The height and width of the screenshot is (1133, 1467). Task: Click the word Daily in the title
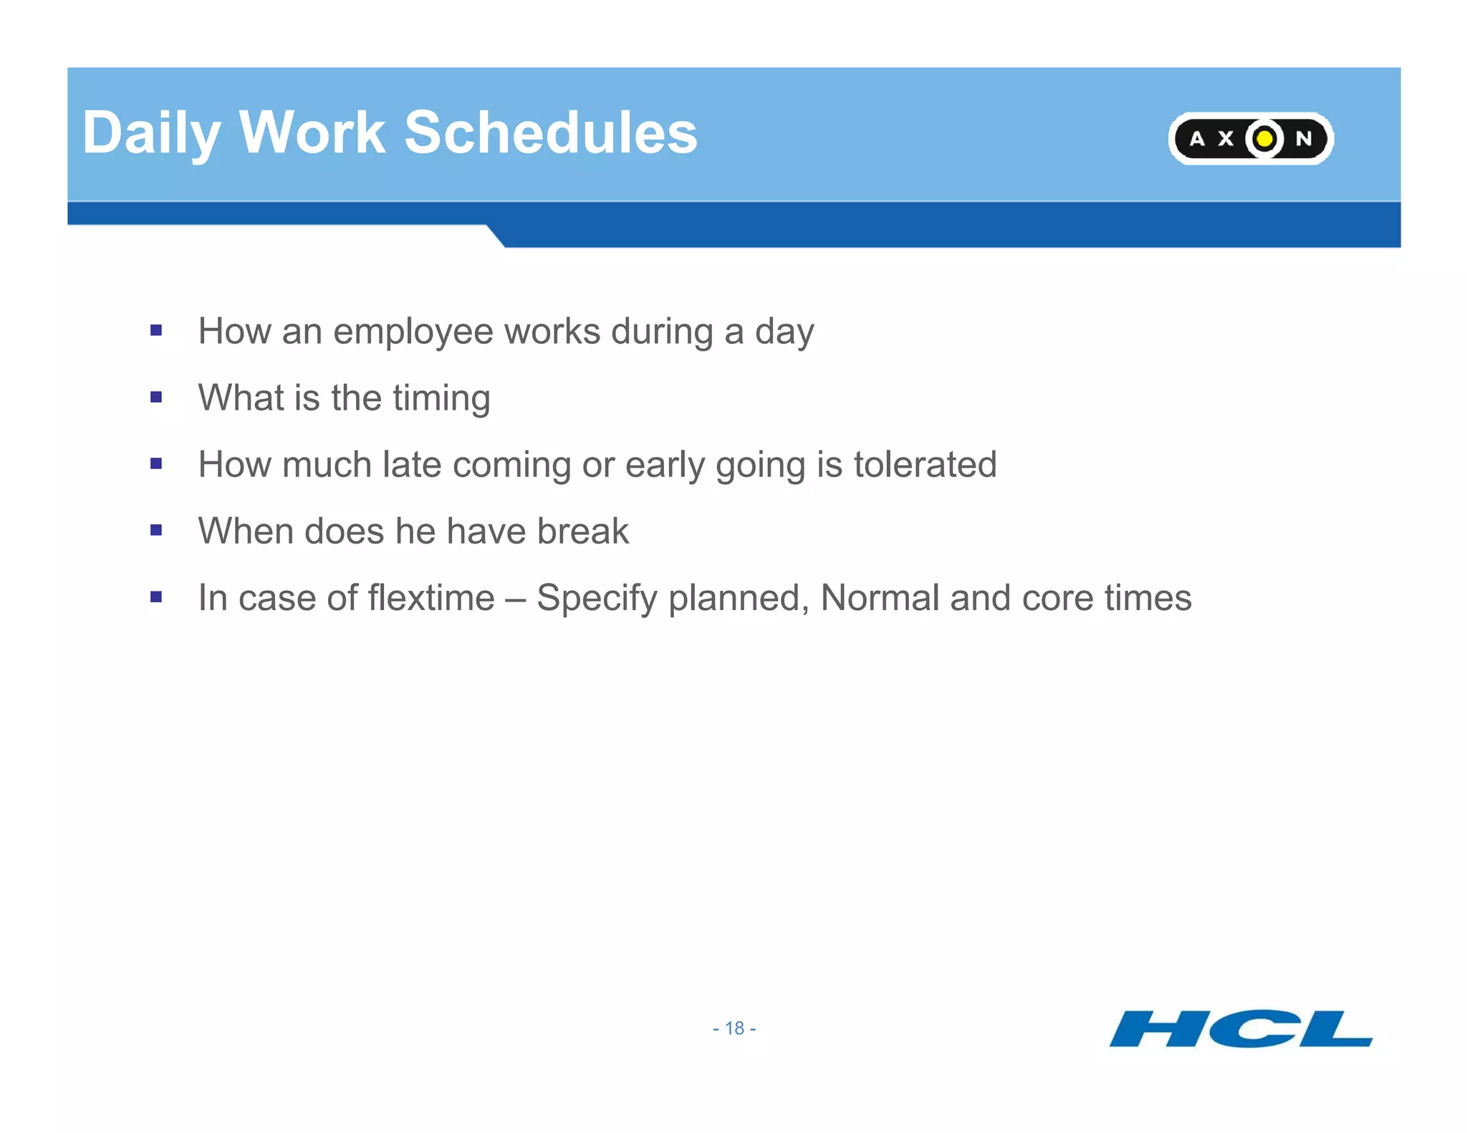pos(150,133)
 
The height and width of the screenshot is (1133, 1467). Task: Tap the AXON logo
pos(1251,138)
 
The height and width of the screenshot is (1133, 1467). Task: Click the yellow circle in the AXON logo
pos(1265,138)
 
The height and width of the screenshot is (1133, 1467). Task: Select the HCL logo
pos(1241,1028)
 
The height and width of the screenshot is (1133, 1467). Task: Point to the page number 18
pos(734,1028)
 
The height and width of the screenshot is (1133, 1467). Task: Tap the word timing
pos(441,399)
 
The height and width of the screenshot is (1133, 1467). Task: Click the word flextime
pos(431,598)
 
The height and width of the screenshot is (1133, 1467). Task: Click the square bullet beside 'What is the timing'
pos(156,397)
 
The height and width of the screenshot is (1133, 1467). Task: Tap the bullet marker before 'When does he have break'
pos(156,530)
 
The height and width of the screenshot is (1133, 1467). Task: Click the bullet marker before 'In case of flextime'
pos(156,597)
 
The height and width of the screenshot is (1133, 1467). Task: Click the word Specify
pos(597,599)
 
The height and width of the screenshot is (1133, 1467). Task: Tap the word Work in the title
pos(312,133)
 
